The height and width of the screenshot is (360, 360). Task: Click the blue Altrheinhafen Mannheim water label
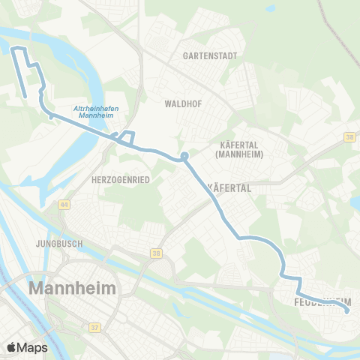[x=96, y=112]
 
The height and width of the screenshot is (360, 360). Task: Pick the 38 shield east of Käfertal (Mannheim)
[x=349, y=137]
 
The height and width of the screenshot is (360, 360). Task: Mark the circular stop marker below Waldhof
[x=184, y=157]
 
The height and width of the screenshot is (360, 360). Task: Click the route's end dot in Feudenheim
[x=346, y=312]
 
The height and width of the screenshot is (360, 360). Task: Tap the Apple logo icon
[x=11, y=347]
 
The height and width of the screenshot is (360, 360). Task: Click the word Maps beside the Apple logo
[x=32, y=347]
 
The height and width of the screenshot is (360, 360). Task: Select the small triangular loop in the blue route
[x=125, y=137]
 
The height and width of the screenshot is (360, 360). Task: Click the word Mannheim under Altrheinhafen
[x=96, y=116]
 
